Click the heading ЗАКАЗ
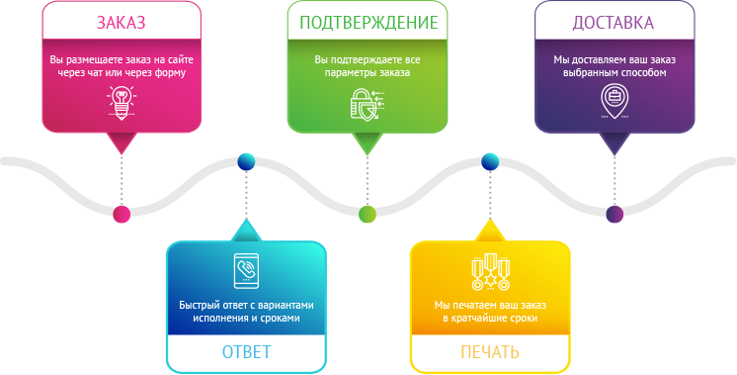point(122,23)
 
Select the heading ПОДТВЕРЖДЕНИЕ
point(368,23)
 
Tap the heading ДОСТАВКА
point(613,23)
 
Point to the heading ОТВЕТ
point(246,352)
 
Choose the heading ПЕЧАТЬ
point(490,352)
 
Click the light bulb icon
point(122,102)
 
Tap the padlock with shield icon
point(368,104)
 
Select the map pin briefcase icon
point(614,101)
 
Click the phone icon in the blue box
point(246,270)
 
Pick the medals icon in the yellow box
point(490,271)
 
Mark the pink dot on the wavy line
point(122,214)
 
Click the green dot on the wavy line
point(368,214)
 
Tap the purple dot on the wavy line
point(614,214)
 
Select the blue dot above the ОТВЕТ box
point(246,162)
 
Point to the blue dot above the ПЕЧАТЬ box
point(490,162)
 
